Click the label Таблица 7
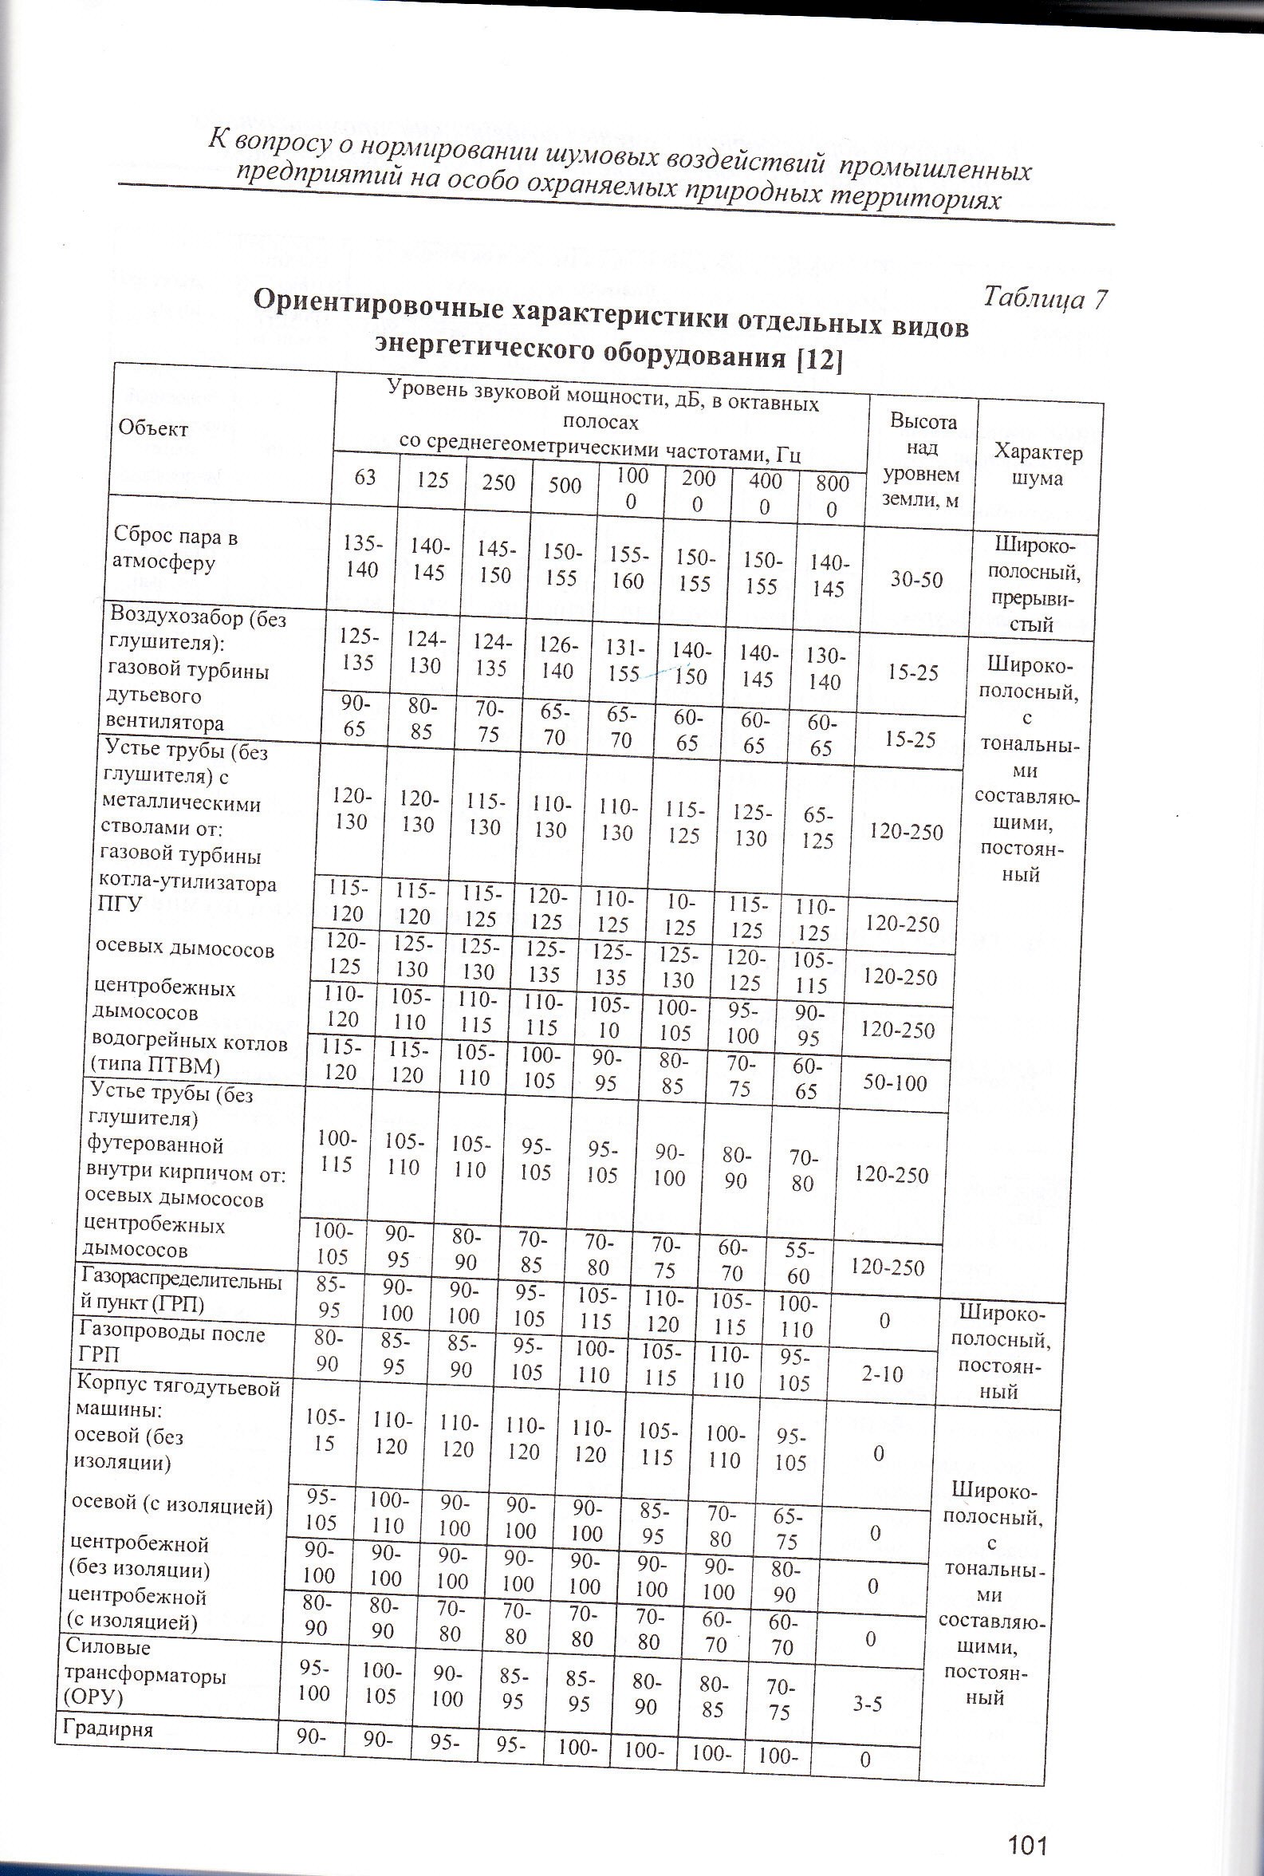pos(1045,298)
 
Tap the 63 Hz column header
pos(366,477)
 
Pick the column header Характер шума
pos(1038,464)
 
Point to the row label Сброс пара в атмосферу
pos(175,550)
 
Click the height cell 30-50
pos(917,579)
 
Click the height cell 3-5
pos(868,1701)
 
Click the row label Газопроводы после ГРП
pos(169,1344)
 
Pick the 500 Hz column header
pos(565,483)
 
